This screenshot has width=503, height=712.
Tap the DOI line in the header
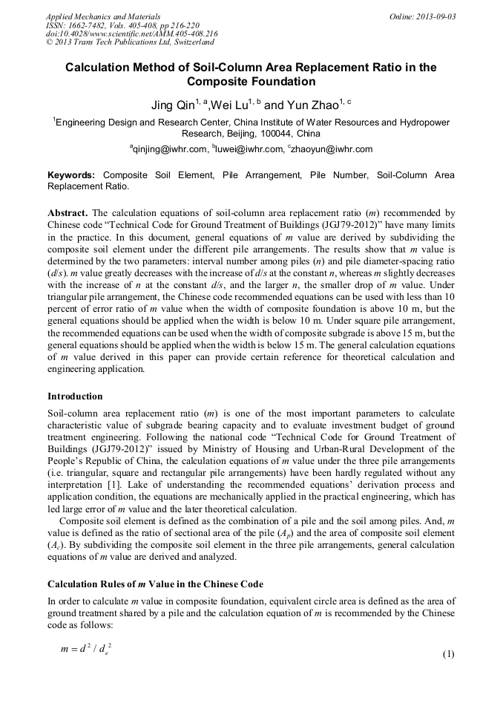coord(132,33)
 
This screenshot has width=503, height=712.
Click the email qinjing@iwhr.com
coord(169,149)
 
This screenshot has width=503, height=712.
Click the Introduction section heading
coord(75,396)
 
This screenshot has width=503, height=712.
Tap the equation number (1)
coord(448,654)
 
